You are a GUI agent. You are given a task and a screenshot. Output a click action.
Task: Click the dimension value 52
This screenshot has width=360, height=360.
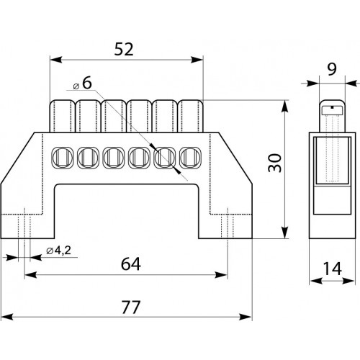124,49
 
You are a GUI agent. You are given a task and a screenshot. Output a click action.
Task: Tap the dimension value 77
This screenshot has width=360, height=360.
131,307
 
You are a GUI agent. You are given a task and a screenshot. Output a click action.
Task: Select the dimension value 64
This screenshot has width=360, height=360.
131,264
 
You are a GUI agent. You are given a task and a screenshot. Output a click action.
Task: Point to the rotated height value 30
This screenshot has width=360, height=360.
275,163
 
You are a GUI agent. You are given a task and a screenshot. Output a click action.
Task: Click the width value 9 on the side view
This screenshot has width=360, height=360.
332,69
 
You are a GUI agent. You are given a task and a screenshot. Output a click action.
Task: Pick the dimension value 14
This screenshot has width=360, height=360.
333,269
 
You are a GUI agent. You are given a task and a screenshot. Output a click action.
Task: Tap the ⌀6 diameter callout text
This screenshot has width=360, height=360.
83,84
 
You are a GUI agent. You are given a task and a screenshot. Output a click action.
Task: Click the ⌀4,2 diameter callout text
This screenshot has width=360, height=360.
59,251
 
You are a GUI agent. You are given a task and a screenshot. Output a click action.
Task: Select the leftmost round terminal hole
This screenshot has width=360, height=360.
62,158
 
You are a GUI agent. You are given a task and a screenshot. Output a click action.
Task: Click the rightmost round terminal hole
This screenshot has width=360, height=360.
191,158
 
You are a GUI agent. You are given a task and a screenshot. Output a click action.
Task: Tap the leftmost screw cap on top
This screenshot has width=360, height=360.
62,116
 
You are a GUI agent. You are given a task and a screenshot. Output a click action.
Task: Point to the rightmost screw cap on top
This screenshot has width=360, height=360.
191,116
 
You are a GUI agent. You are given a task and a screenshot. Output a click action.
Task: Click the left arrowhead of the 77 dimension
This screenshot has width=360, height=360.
6,317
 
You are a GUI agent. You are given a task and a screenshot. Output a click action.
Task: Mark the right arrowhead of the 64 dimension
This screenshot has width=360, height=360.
221,275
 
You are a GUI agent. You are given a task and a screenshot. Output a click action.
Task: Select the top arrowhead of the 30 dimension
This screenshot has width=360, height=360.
285,106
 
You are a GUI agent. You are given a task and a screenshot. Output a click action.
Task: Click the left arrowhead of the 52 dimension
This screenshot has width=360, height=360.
56,60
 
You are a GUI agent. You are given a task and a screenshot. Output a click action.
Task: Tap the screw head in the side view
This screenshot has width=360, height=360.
332,110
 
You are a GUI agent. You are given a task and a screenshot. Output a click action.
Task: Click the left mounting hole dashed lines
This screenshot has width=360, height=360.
24,225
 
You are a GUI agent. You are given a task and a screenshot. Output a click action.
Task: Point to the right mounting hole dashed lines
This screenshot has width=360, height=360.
228,225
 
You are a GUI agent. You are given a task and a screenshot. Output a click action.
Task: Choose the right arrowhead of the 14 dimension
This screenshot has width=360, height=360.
349,281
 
